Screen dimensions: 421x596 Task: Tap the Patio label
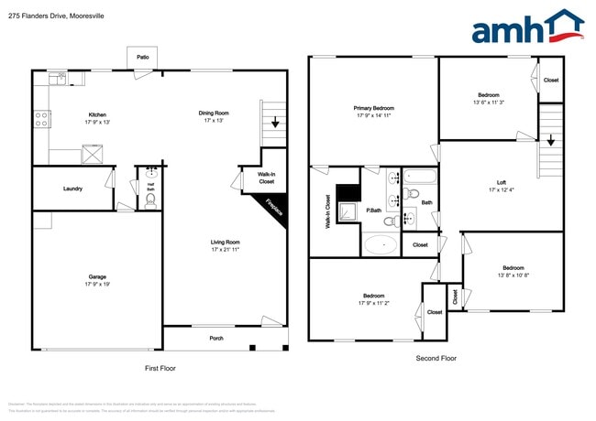pyautogui.click(x=143, y=57)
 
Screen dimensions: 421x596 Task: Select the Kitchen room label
pyautogui.click(x=97, y=115)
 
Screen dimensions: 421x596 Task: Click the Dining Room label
pyautogui.click(x=214, y=113)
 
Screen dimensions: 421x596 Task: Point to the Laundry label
pyautogui.click(x=73, y=189)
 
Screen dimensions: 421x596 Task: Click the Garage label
pyautogui.click(x=97, y=276)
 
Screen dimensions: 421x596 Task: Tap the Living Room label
pyautogui.click(x=225, y=243)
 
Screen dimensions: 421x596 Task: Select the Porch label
pyautogui.click(x=216, y=339)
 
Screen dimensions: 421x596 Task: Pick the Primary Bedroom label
pyautogui.click(x=374, y=108)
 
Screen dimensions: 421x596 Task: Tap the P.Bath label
pyautogui.click(x=374, y=210)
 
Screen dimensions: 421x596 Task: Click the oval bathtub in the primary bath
pyautogui.click(x=380, y=244)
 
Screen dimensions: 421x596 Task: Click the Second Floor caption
pyautogui.click(x=436, y=358)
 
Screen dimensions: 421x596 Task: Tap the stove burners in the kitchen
pyautogui.click(x=42, y=118)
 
